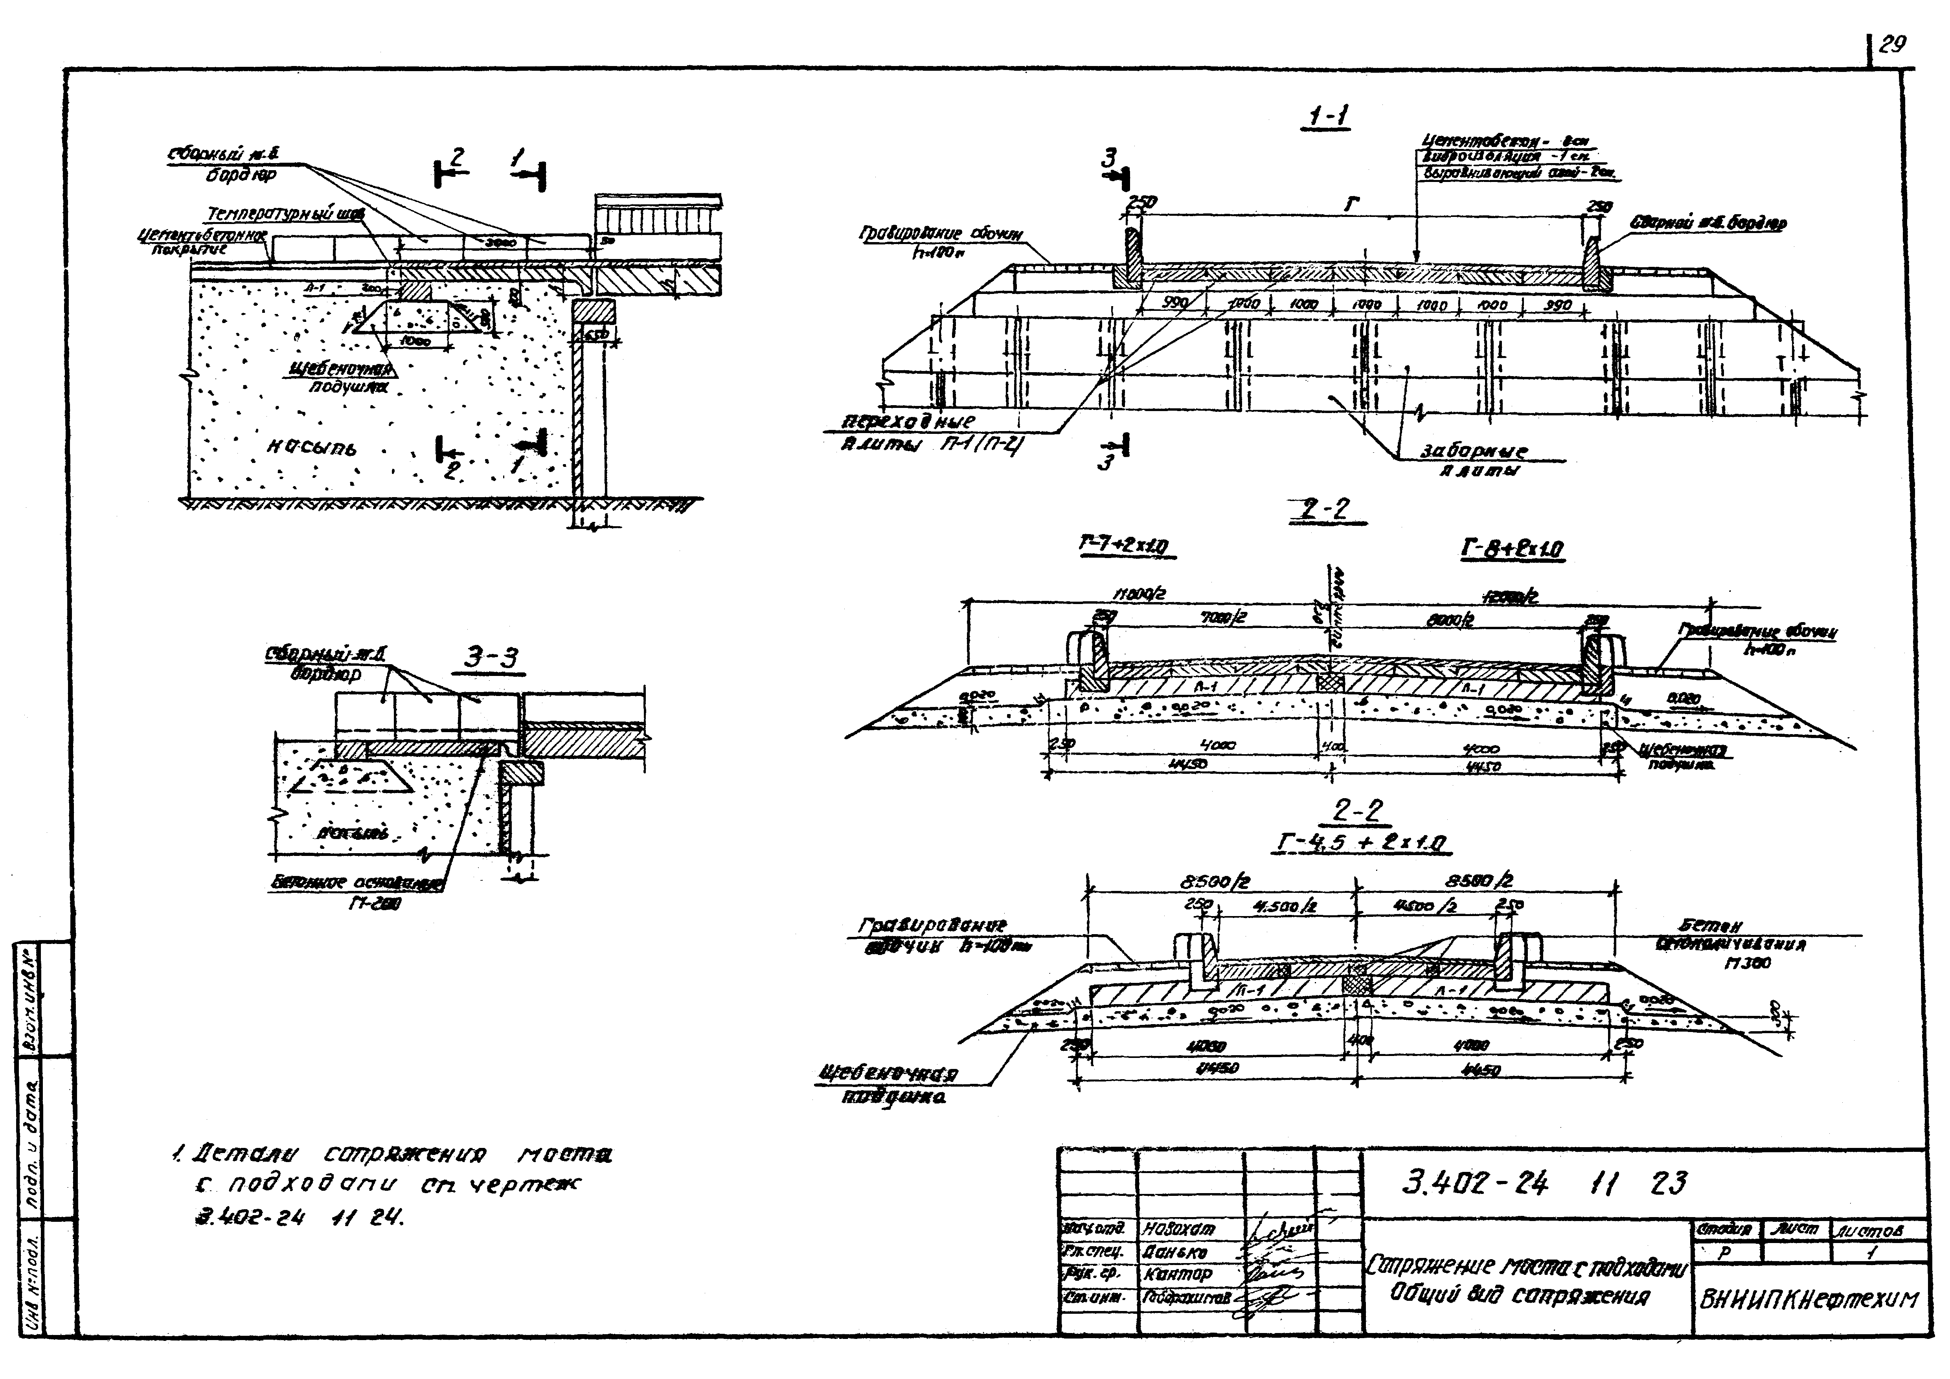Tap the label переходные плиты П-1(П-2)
pos(928,433)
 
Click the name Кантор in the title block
pos(1178,1274)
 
